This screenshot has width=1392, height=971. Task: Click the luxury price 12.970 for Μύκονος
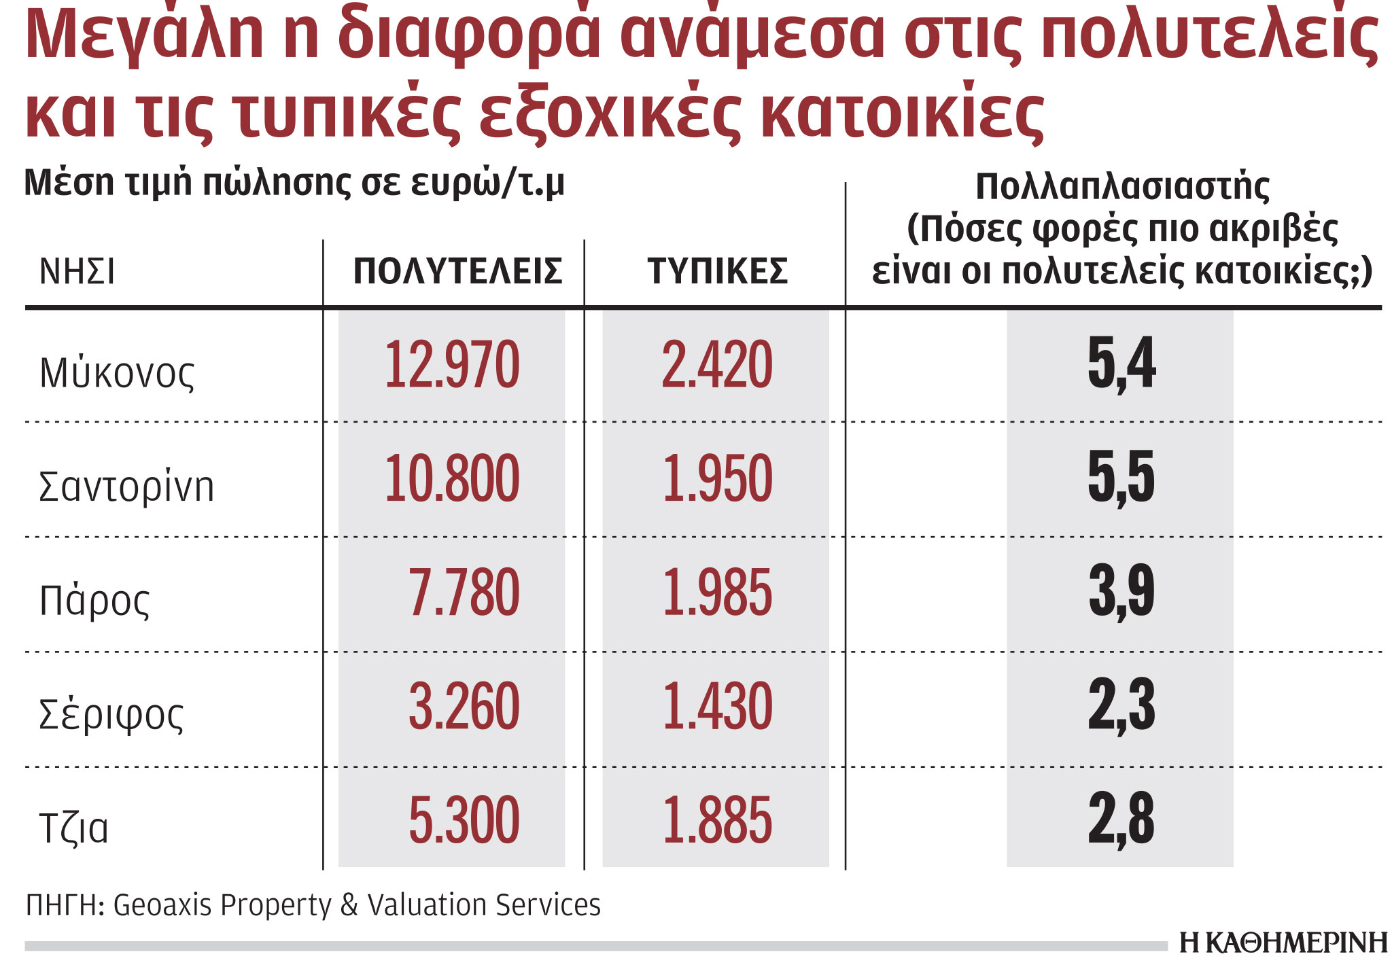tap(452, 365)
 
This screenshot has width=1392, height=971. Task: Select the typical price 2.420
tap(716, 365)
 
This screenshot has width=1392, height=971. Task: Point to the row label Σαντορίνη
tap(126, 487)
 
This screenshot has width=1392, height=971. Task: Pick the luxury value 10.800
tap(452, 479)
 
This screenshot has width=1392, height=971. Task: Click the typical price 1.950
tap(716, 479)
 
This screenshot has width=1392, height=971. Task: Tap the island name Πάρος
tap(94, 601)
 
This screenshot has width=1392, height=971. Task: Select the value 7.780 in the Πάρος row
tap(464, 593)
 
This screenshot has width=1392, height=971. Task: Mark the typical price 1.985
tap(716, 593)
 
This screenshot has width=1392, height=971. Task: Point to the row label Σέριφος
tap(111, 716)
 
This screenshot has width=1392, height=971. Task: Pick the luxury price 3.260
tap(464, 707)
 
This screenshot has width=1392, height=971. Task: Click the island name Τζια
tap(74, 828)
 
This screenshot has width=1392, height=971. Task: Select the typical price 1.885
tap(716, 822)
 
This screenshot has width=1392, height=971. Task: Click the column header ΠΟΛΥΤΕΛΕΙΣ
tap(457, 271)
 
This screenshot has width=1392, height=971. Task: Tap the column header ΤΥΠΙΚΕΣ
tap(717, 271)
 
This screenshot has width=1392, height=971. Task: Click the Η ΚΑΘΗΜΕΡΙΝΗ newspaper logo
tap(1283, 943)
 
